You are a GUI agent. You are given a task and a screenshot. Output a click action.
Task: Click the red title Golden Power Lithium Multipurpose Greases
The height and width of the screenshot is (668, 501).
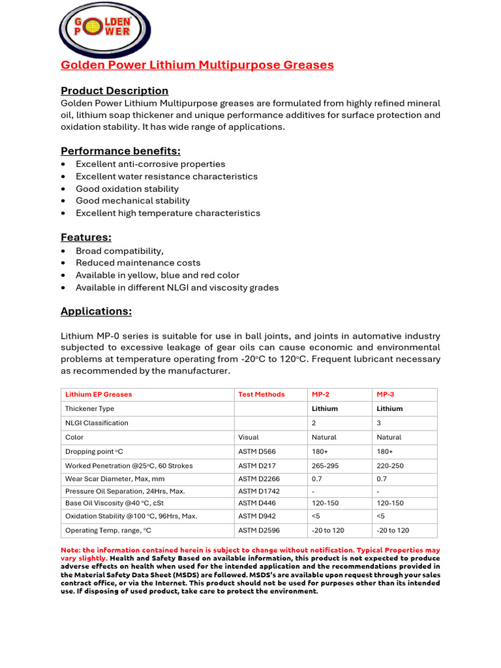[197, 65]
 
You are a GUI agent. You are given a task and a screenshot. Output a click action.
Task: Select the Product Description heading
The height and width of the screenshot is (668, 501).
[114, 91]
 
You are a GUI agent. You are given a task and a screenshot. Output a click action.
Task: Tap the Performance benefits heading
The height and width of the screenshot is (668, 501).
[120, 151]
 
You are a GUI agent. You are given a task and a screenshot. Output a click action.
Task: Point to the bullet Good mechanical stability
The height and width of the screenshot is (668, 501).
[132, 201]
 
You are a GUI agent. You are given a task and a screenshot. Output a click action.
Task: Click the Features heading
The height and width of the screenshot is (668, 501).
[86, 237]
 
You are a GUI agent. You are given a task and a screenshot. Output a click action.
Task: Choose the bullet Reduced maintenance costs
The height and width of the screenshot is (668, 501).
[138, 263]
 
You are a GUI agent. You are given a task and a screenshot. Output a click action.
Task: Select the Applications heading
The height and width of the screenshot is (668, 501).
[96, 312]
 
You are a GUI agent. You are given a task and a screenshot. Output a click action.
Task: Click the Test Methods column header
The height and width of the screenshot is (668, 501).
[261, 394]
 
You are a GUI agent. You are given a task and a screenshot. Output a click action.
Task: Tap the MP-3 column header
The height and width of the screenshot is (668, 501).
[386, 394]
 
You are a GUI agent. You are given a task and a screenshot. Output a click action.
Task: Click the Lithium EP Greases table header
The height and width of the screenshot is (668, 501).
[99, 394]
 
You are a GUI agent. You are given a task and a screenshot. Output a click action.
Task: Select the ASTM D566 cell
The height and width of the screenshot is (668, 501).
[256, 451]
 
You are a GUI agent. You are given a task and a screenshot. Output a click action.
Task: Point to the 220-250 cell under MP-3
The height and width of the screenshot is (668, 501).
[390, 466]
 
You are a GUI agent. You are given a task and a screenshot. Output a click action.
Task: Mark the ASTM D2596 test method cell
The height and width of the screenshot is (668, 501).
[259, 530]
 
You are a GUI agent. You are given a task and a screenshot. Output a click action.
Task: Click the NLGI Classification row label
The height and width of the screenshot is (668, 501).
[97, 423]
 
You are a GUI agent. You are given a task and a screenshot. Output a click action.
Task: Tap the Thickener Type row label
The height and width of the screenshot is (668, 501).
[89, 408]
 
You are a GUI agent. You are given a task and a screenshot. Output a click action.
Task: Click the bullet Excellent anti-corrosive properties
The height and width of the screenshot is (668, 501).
[150, 164]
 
